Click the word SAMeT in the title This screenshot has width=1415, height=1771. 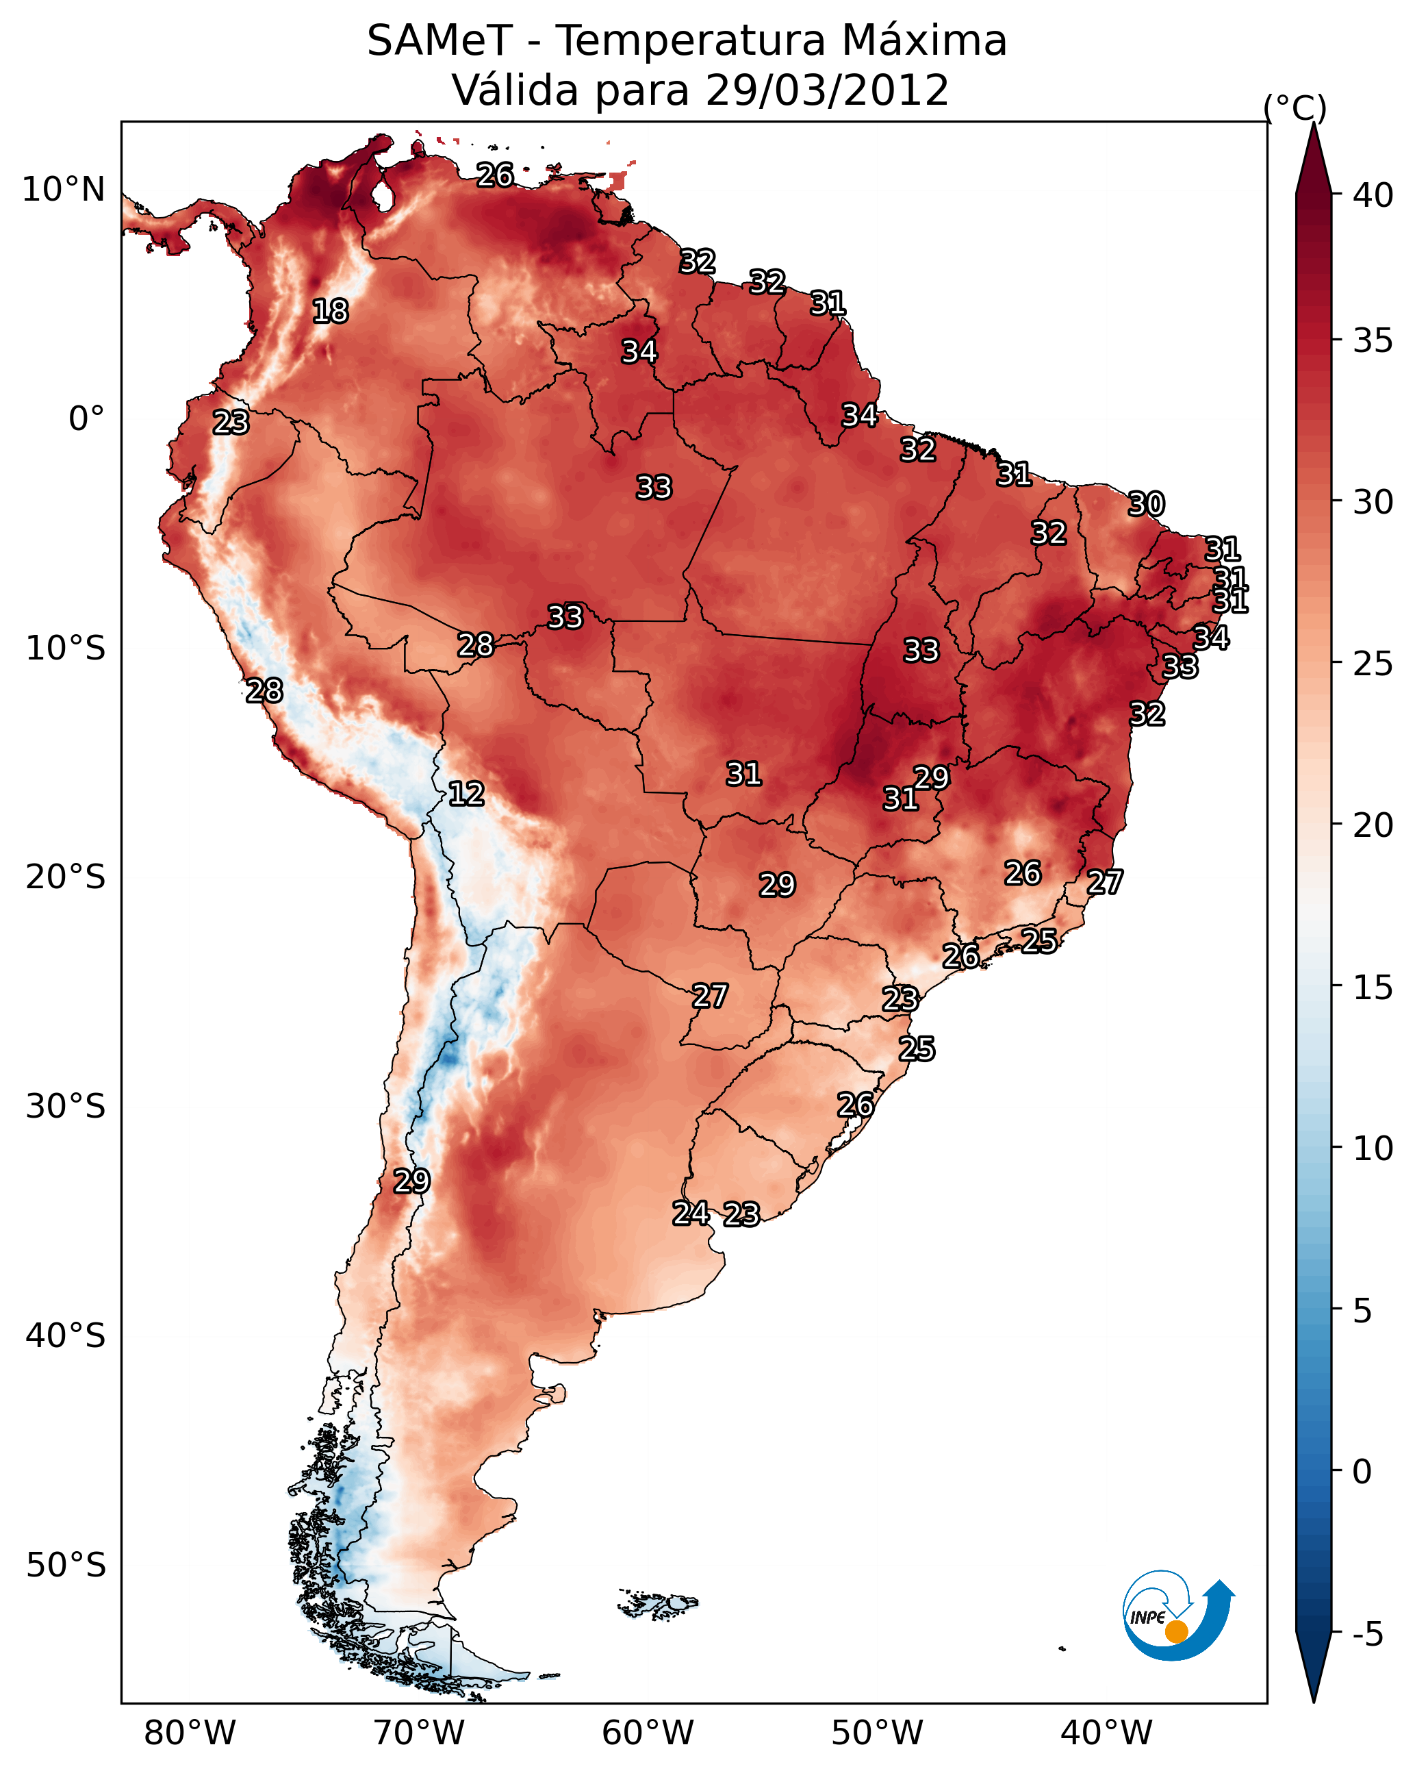point(439,41)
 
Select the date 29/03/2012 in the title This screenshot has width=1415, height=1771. point(826,90)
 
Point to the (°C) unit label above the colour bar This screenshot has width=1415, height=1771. point(1295,108)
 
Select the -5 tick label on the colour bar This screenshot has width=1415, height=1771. point(1368,1635)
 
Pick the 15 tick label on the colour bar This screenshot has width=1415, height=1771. point(1373,988)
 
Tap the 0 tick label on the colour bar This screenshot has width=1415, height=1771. point(1362,1472)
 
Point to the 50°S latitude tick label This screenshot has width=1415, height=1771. point(66,1565)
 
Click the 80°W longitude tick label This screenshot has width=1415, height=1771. point(190,1733)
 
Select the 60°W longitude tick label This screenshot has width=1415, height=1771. point(648,1733)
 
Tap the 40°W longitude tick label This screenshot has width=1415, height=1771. point(1106,1733)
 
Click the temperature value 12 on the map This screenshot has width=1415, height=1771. point(466,794)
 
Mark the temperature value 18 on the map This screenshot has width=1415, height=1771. point(330,312)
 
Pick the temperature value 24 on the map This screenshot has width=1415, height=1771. point(691,1214)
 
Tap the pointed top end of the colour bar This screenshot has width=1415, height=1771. point(1313,123)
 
